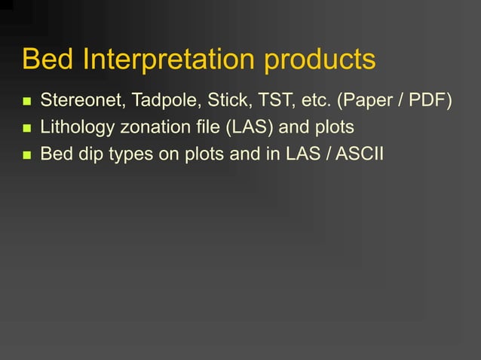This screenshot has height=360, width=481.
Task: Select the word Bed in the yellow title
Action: [44, 60]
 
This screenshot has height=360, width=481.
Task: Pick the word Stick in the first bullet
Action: [225, 100]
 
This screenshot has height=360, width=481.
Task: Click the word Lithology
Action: [78, 127]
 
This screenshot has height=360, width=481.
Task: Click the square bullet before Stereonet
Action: [26, 101]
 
